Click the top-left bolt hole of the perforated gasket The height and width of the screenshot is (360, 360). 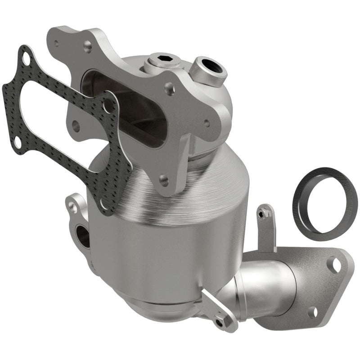pyautogui.click(x=26, y=58)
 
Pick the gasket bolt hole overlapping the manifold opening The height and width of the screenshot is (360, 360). pyautogui.click(x=108, y=106)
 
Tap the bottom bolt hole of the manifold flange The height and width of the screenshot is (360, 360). pyautogui.click(x=164, y=181)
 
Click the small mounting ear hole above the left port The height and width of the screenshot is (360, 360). pyautogui.click(x=72, y=206)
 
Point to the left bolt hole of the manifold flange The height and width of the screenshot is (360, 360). pyautogui.click(x=75, y=126)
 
